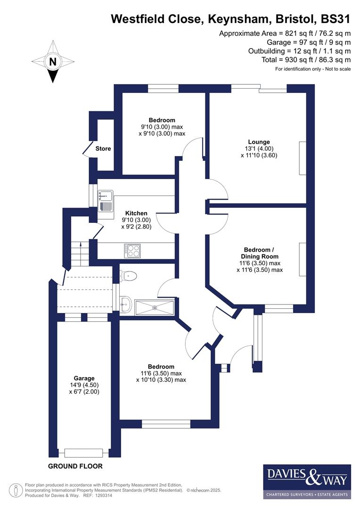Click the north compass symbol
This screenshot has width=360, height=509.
point(53,62)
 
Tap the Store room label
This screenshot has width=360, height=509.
point(103,148)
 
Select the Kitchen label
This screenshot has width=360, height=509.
point(136,213)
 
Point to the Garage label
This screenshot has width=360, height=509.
point(84,378)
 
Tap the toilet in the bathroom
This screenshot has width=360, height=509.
point(129,275)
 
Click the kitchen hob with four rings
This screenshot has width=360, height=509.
point(133,250)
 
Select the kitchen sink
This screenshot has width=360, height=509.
point(105,199)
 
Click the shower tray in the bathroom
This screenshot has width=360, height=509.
point(155,307)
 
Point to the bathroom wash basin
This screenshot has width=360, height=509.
point(125,304)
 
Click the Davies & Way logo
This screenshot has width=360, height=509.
point(307,481)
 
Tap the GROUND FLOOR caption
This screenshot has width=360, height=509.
point(75,466)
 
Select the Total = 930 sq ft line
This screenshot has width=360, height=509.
point(306,60)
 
